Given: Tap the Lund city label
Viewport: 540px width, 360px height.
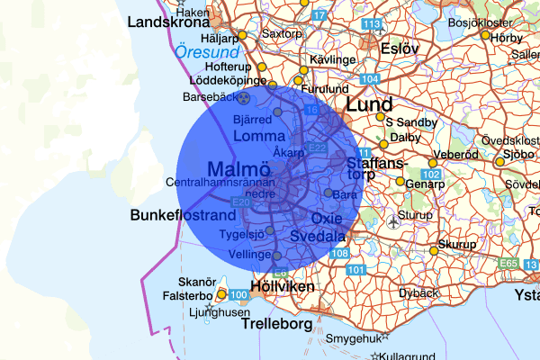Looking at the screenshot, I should [x=369, y=106].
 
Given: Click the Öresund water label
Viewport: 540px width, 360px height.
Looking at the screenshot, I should [x=207, y=53].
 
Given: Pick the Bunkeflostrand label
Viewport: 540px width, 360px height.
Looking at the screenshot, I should [x=183, y=216].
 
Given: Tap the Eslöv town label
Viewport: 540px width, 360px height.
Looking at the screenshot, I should [x=400, y=49].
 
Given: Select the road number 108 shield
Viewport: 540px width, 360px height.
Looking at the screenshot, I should [x=339, y=254].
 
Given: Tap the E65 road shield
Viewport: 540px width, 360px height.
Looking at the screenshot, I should [x=509, y=263].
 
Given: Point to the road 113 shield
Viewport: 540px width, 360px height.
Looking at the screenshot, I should [x=370, y=23].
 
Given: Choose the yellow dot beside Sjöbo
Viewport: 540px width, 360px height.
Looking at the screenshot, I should [x=500, y=162].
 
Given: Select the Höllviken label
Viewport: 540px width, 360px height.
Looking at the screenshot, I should [x=283, y=286].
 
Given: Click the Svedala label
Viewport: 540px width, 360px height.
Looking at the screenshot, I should [x=319, y=237].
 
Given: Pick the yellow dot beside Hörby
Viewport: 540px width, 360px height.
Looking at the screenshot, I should [x=485, y=36].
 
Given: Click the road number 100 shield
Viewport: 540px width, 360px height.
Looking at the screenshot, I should [x=239, y=295].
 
